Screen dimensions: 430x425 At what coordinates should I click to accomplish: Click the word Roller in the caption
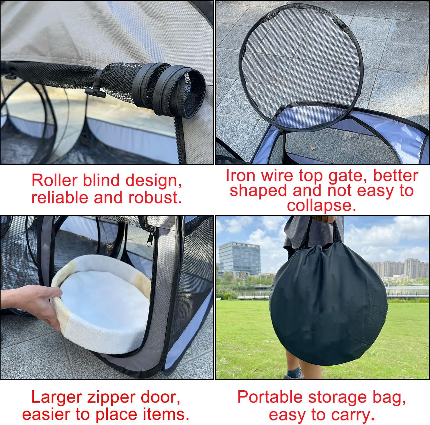[54, 180]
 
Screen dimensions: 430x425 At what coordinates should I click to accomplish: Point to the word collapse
[321, 205]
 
